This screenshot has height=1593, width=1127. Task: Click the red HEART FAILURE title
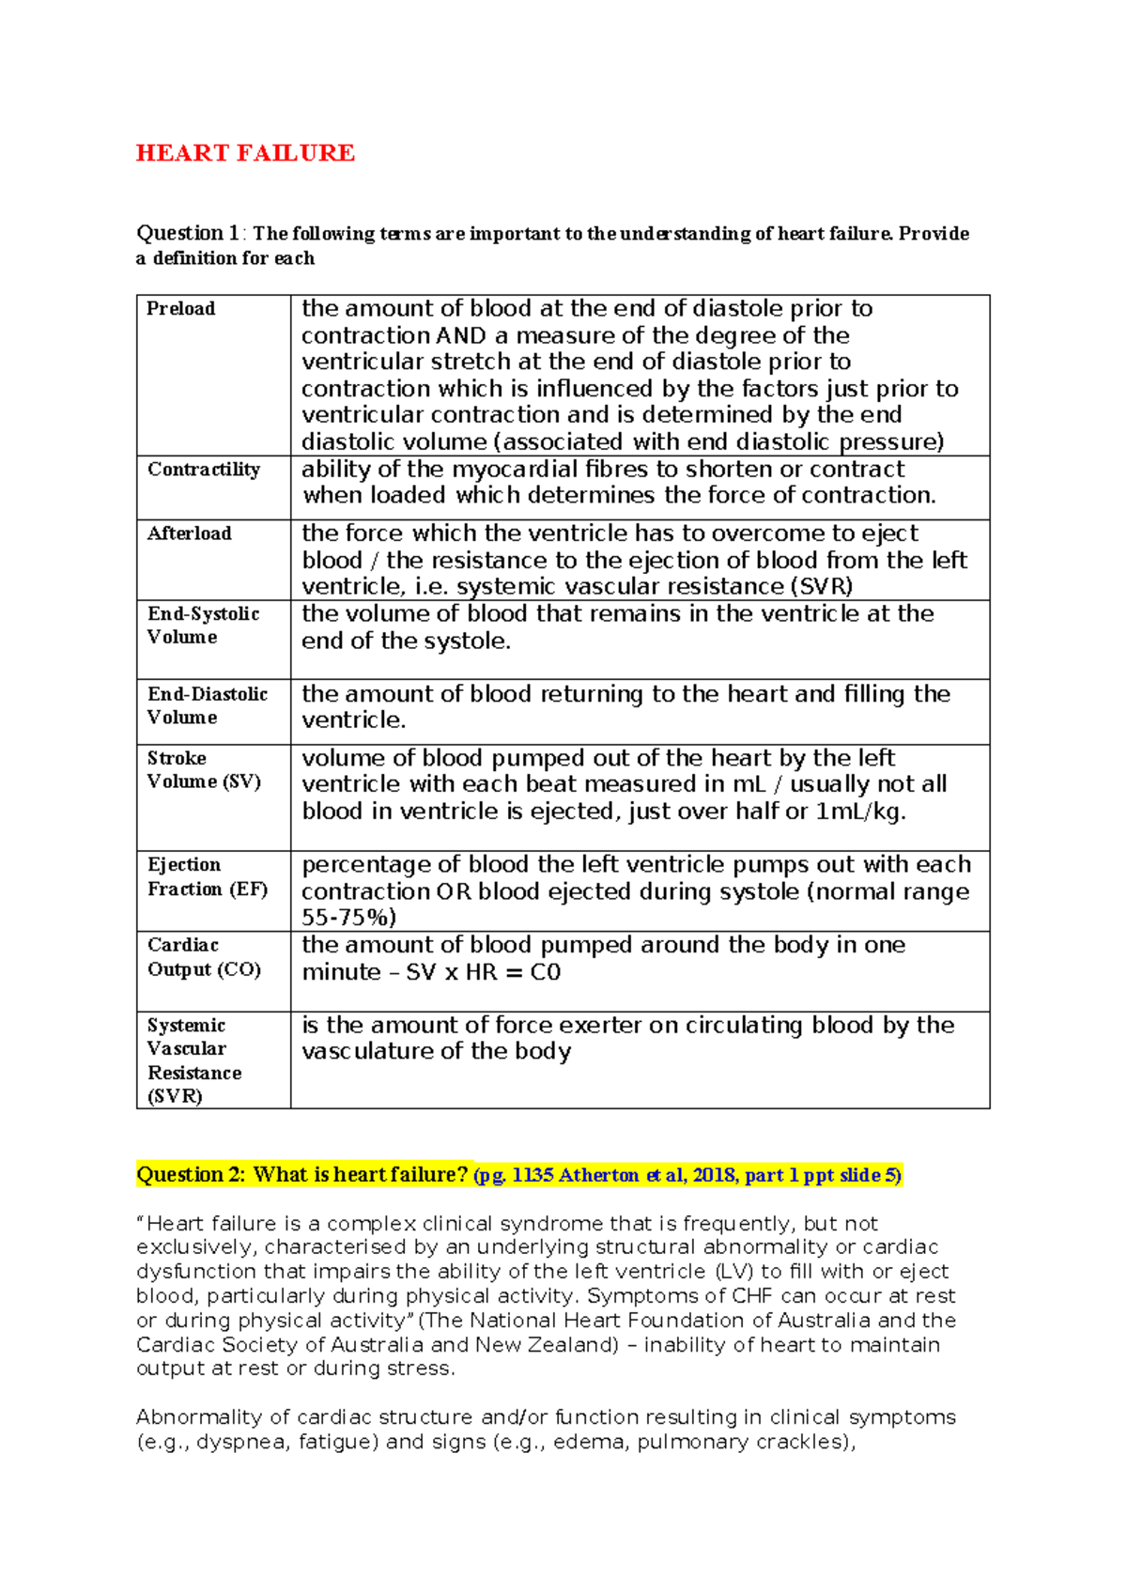(x=245, y=153)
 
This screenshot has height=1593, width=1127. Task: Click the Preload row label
(x=180, y=309)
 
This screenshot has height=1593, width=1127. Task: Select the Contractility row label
(x=203, y=470)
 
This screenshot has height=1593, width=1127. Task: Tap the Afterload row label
(x=189, y=534)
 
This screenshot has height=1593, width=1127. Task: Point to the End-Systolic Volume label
(x=203, y=626)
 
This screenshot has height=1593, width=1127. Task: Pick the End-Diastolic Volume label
(x=207, y=705)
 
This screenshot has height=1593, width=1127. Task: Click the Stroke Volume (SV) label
(x=203, y=769)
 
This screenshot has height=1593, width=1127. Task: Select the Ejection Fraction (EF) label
(x=207, y=876)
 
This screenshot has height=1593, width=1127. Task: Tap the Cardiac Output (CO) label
(x=203, y=957)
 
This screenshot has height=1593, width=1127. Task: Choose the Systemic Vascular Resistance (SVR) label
(x=193, y=1060)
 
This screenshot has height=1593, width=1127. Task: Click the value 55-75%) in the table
(x=348, y=918)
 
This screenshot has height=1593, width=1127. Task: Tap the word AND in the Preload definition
(x=461, y=336)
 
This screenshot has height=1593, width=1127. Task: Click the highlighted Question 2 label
(x=191, y=1175)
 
